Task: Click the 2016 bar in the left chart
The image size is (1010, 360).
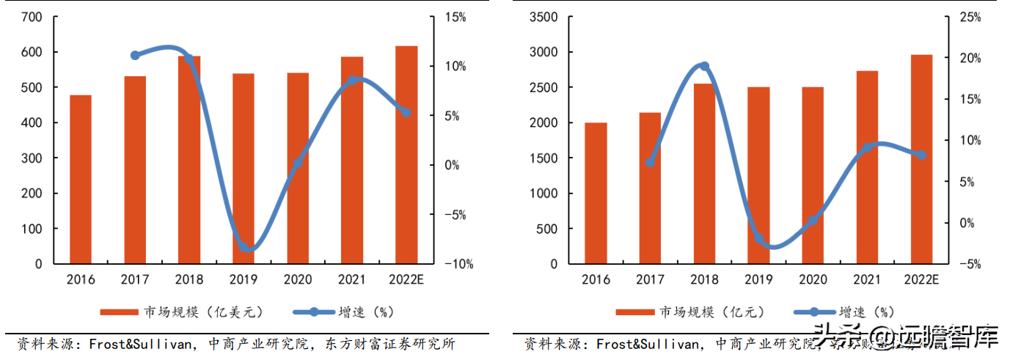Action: pyautogui.click(x=80, y=180)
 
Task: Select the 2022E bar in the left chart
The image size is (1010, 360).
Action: pyautogui.click(x=406, y=155)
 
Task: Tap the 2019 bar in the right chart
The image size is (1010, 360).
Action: pyautogui.click(x=758, y=175)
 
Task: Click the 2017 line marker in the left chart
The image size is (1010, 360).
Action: pyautogui.click(x=135, y=55)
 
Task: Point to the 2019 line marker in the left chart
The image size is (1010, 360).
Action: pyautogui.click(x=244, y=247)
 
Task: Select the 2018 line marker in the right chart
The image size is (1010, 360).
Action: pyautogui.click(x=704, y=66)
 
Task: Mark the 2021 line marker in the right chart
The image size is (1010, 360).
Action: pyautogui.click(x=867, y=147)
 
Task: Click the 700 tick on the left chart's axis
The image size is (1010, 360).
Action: pyautogui.click(x=34, y=17)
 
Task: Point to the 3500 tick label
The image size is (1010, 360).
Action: pyautogui.click(x=546, y=17)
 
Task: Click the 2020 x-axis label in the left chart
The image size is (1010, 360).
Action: pyautogui.click(x=298, y=279)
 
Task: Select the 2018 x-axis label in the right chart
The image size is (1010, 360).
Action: pyautogui.click(x=704, y=279)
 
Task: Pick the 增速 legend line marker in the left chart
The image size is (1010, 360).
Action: pyautogui.click(x=314, y=312)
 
